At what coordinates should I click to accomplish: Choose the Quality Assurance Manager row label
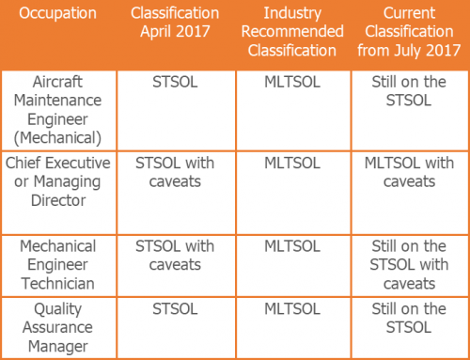(59, 327)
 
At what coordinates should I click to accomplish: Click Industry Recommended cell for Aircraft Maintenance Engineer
(292, 83)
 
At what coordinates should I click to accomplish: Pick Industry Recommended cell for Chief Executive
(292, 164)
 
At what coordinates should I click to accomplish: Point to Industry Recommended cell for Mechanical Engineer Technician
(292, 246)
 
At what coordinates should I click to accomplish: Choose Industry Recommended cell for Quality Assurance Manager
(292, 308)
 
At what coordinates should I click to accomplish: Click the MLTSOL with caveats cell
(410, 172)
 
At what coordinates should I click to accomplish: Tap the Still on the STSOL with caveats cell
(410, 264)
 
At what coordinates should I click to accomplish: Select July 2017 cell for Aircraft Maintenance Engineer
(410, 92)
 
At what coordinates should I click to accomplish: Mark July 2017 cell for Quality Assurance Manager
(410, 318)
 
